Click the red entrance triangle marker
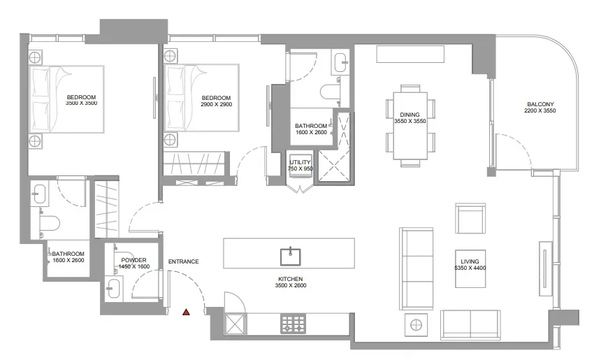pyautogui.click(x=186, y=312)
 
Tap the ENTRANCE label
pyautogui.click(x=184, y=261)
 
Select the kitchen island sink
pyautogui.click(x=290, y=257)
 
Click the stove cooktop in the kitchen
pyautogui.click(x=294, y=324)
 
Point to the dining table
pyautogui.click(x=410, y=125)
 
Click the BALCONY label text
pyautogui.click(x=540, y=104)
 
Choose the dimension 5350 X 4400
pyautogui.click(x=470, y=268)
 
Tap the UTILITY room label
pyautogui.click(x=300, y=162)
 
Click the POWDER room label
pyautogui.click(x=133, y=260)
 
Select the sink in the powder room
pyautogui.click(x=113, y=288)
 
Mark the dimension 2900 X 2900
pyautogui.click(x=216, y=104)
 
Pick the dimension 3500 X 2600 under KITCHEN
pyautogui.click(x=291, y=285)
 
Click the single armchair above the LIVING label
pyautogui.click(x=470, y=219)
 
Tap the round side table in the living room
pyautogui.click(x=416, y=325)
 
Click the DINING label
pyautogui.click(x=410, y=115)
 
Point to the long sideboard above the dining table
pyautogui.click(x=410, y=54)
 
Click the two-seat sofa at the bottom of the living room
pyautogui.click(x=470, y=325)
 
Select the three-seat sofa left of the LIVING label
pyautogui.click(x=417, y=268)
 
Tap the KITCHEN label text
pyautogui.click(x=291, y=279)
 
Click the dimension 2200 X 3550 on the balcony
pyautogui.click(x=540, y=111)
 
